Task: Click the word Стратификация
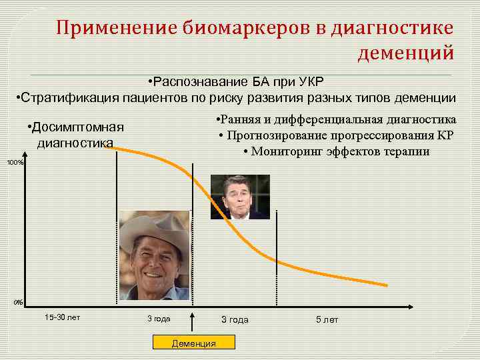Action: pyautogui.click(x=69, y=99)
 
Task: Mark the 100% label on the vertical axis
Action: pyautogui.click(x=15, y=163)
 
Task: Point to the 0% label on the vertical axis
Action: pyautogui.click(x=18, y=303)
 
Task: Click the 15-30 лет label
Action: pyautogui.click(x=62, y=317)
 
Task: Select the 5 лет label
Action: pyautogui.click(x=327, y=320)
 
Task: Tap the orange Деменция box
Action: pyautogui.click(x=194, y=343)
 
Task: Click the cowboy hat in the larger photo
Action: pyautogui.click(x=153, y=231)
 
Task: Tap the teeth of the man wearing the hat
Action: pyautogui.click(x=153, y=275)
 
